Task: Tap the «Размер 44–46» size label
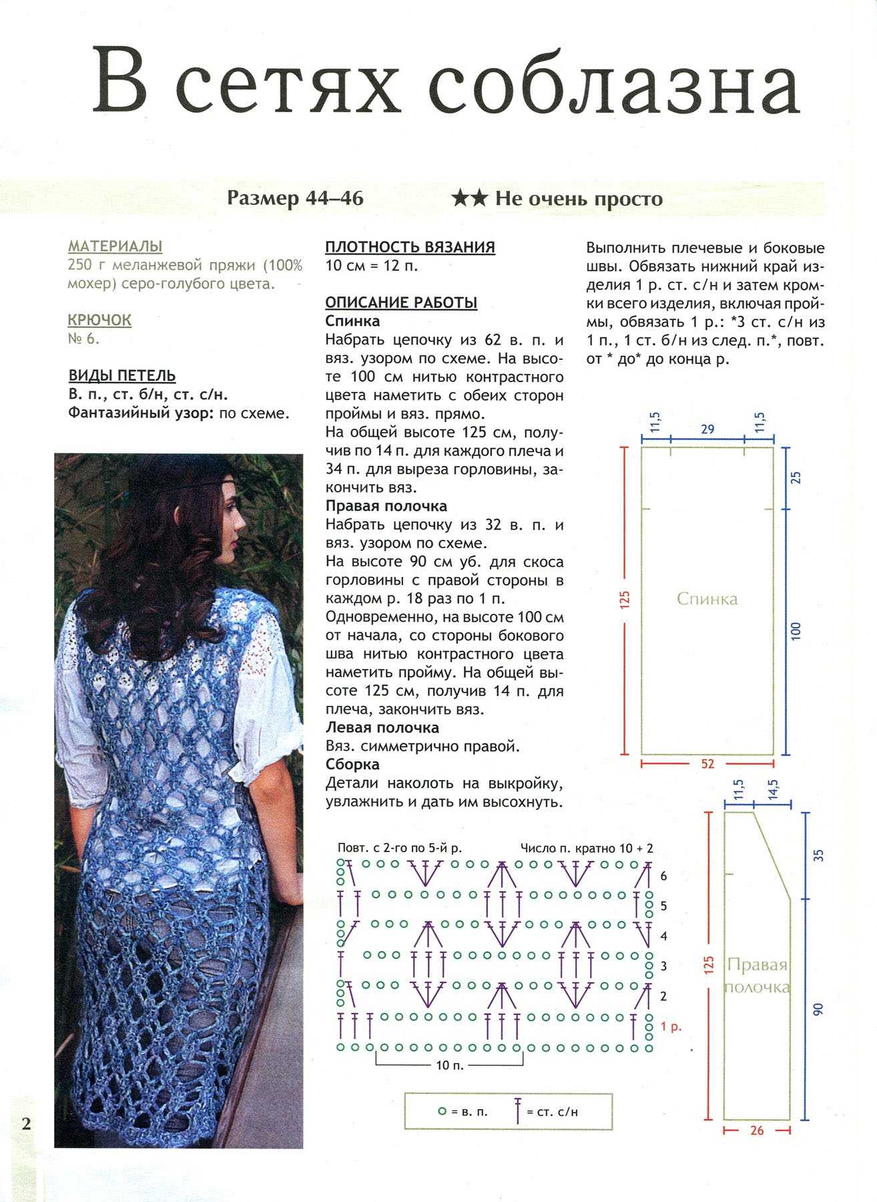[x=295, y=198]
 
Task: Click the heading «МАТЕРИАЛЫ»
[x=115, y=246]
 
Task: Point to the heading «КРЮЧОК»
[x=100, y=320]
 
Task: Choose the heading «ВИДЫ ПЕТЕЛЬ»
[x=122, y=375]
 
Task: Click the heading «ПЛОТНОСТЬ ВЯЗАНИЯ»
[x=410, y=247]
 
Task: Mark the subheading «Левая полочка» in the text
[x=382, y=727]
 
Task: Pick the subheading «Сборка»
[x=352, y=764]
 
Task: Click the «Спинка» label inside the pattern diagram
[x=707, y=598]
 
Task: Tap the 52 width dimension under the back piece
[x=707, y=764]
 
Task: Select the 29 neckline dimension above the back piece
[x=707, y=429]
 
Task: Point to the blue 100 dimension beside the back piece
[x=795, y=631]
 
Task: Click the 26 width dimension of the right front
[x=757, y=1131]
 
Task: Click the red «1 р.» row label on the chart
[x=671, y=1026]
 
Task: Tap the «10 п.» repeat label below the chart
[x=449, y=1066]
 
